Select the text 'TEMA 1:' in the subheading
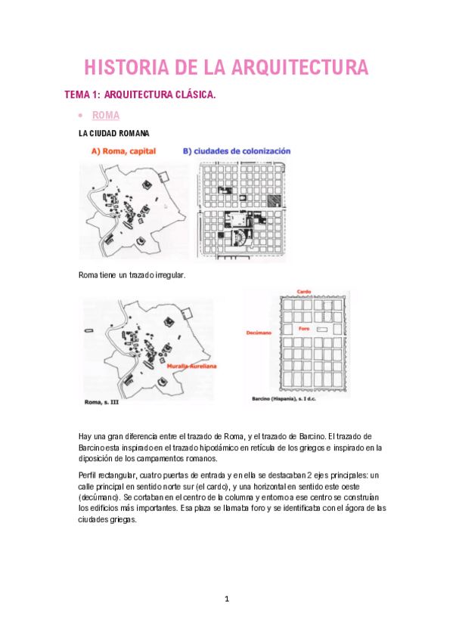82,94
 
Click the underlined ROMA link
106,116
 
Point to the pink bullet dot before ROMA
81,116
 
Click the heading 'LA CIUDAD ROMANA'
113,133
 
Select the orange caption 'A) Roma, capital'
123,151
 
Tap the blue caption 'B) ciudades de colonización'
237,151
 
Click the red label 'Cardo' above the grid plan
304,292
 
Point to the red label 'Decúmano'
259,333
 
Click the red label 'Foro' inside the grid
304,329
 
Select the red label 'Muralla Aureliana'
192,367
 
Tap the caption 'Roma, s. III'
101,402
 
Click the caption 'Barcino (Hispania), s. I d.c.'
284,398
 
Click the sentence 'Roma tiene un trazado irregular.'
132,275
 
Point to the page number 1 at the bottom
227,599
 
